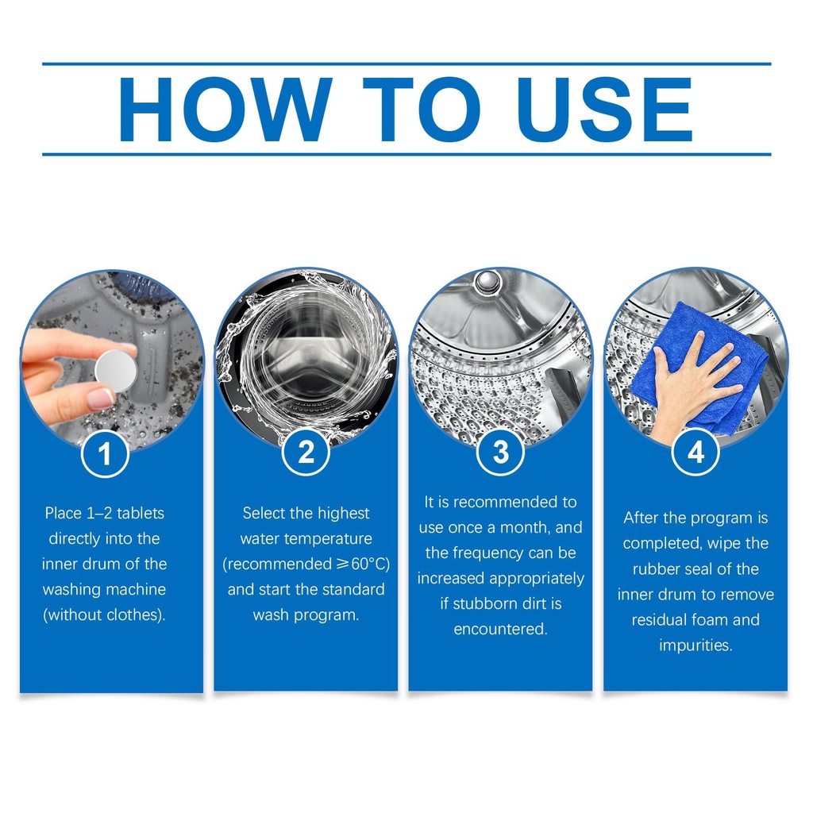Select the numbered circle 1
point(105,453)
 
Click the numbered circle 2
point(306,452)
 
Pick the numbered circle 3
point(500,452)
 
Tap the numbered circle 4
point(695,452)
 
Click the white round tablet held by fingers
point(116,370)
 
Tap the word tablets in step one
point(141,514)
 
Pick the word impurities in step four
point(695,645)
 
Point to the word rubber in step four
point(656,568)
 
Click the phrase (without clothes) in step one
point(104,615)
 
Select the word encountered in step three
point(500,629)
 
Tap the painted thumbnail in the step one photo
point(99,399)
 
